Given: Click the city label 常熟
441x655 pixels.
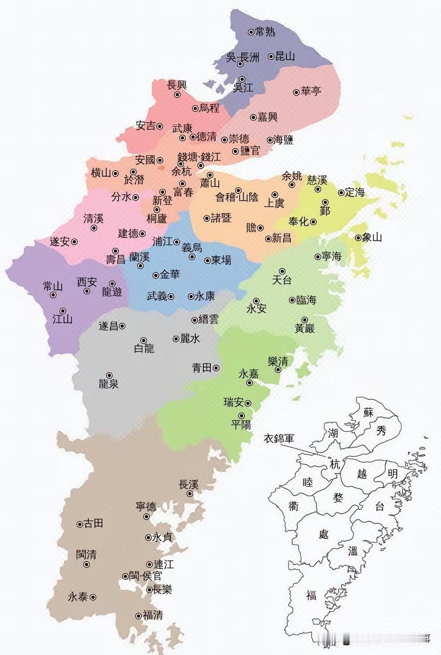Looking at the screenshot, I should coord(265,32).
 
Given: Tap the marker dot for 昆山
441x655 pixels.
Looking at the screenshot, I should coord(271,57).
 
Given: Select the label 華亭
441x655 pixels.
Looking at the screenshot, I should coord(311,92).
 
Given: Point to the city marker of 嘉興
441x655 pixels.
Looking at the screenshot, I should coord(253,117).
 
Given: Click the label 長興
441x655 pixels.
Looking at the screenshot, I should coord(177,85).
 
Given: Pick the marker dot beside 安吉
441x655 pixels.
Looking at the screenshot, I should coord(160,126).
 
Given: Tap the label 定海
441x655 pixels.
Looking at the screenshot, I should coord(355,192).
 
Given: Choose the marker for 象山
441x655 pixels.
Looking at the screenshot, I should coord(358,238).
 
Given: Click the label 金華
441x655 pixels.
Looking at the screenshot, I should coord(170,275).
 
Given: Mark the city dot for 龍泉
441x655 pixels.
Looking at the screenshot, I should coord(109,375).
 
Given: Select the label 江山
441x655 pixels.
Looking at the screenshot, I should coord(63,319).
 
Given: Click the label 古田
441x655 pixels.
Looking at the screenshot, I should coord(93,523).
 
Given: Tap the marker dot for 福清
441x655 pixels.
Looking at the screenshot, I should coord(139,616).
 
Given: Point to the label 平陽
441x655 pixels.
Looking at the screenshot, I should coord(241,424).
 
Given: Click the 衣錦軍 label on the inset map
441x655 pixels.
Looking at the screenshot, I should coord(279,438).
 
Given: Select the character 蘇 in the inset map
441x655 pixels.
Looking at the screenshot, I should coord(368,412).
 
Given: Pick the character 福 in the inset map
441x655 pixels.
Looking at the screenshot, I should coord(311,595).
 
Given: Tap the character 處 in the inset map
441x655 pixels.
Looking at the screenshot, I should coord(324,534).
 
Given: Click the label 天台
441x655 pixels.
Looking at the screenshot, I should coord(282,280).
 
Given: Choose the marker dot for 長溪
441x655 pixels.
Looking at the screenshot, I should coord(190,494).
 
